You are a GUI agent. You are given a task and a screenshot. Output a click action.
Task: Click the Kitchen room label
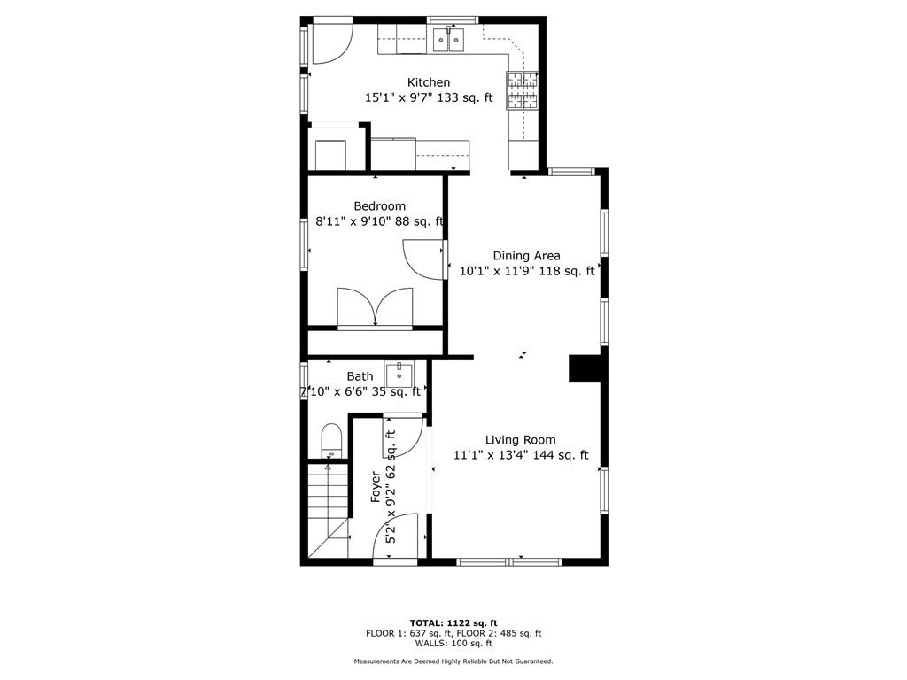[429, 82]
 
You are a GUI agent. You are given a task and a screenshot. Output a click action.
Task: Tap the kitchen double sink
[449, 39]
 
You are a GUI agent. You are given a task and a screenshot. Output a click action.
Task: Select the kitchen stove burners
[523, 90]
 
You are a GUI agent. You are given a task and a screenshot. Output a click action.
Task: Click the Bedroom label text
[379, 205]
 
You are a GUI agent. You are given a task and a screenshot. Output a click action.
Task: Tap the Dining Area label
[526, 256]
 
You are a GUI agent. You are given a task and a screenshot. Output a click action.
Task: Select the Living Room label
[521, 440]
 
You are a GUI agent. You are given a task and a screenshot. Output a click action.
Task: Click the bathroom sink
[399, 375]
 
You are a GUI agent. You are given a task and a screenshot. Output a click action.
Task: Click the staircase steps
[328, 510]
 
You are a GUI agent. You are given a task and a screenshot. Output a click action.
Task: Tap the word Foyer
[376, 488]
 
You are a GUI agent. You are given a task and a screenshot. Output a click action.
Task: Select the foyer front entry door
[395, 537]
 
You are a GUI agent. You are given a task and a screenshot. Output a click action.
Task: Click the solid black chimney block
[586, 368]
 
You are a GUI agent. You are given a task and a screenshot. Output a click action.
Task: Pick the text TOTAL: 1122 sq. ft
[453, 622]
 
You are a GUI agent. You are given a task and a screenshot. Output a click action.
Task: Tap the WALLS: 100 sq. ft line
[453, 643]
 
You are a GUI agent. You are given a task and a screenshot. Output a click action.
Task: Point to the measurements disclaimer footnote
[453, 661]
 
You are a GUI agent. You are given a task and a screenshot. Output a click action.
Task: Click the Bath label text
[360, 376]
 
